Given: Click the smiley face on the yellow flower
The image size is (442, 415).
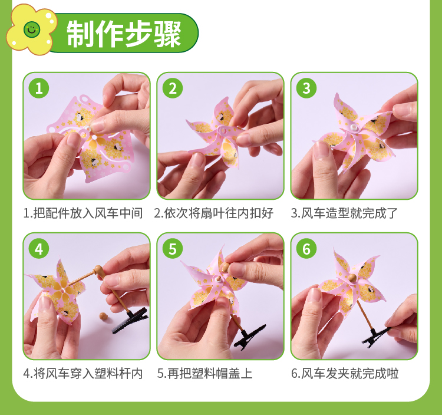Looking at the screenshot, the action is point(32,29).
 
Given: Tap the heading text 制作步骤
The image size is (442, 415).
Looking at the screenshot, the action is point(124,34).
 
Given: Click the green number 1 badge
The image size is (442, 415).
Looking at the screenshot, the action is point(39,88).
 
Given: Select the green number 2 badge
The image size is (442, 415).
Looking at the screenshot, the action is point(173,88).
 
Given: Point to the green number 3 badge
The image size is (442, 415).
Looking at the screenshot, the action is point(306,88).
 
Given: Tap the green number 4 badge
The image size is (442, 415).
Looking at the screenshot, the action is point(39,249).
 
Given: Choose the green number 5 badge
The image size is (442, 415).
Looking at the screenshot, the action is point(173,249).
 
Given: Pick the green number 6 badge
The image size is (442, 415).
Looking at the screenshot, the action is point(306,249).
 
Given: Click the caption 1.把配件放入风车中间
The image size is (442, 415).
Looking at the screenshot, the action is point(83,213).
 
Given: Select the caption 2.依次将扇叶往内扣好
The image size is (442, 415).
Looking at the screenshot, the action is point(214,213).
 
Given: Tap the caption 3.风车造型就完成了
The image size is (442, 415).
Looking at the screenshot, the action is point(344,213).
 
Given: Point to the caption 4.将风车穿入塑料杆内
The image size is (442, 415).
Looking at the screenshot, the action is point(83,374).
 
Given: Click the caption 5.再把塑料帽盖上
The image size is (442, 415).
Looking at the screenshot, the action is point(204,374).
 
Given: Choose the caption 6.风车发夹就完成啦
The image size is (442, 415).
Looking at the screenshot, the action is point(345,374).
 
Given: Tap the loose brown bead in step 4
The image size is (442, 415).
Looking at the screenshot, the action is point(103,316).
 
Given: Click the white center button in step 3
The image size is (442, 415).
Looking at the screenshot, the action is point(354,128).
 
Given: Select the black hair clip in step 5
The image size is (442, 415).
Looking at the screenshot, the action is point(250,337).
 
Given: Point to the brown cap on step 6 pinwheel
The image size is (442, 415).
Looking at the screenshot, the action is point(352,278).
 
